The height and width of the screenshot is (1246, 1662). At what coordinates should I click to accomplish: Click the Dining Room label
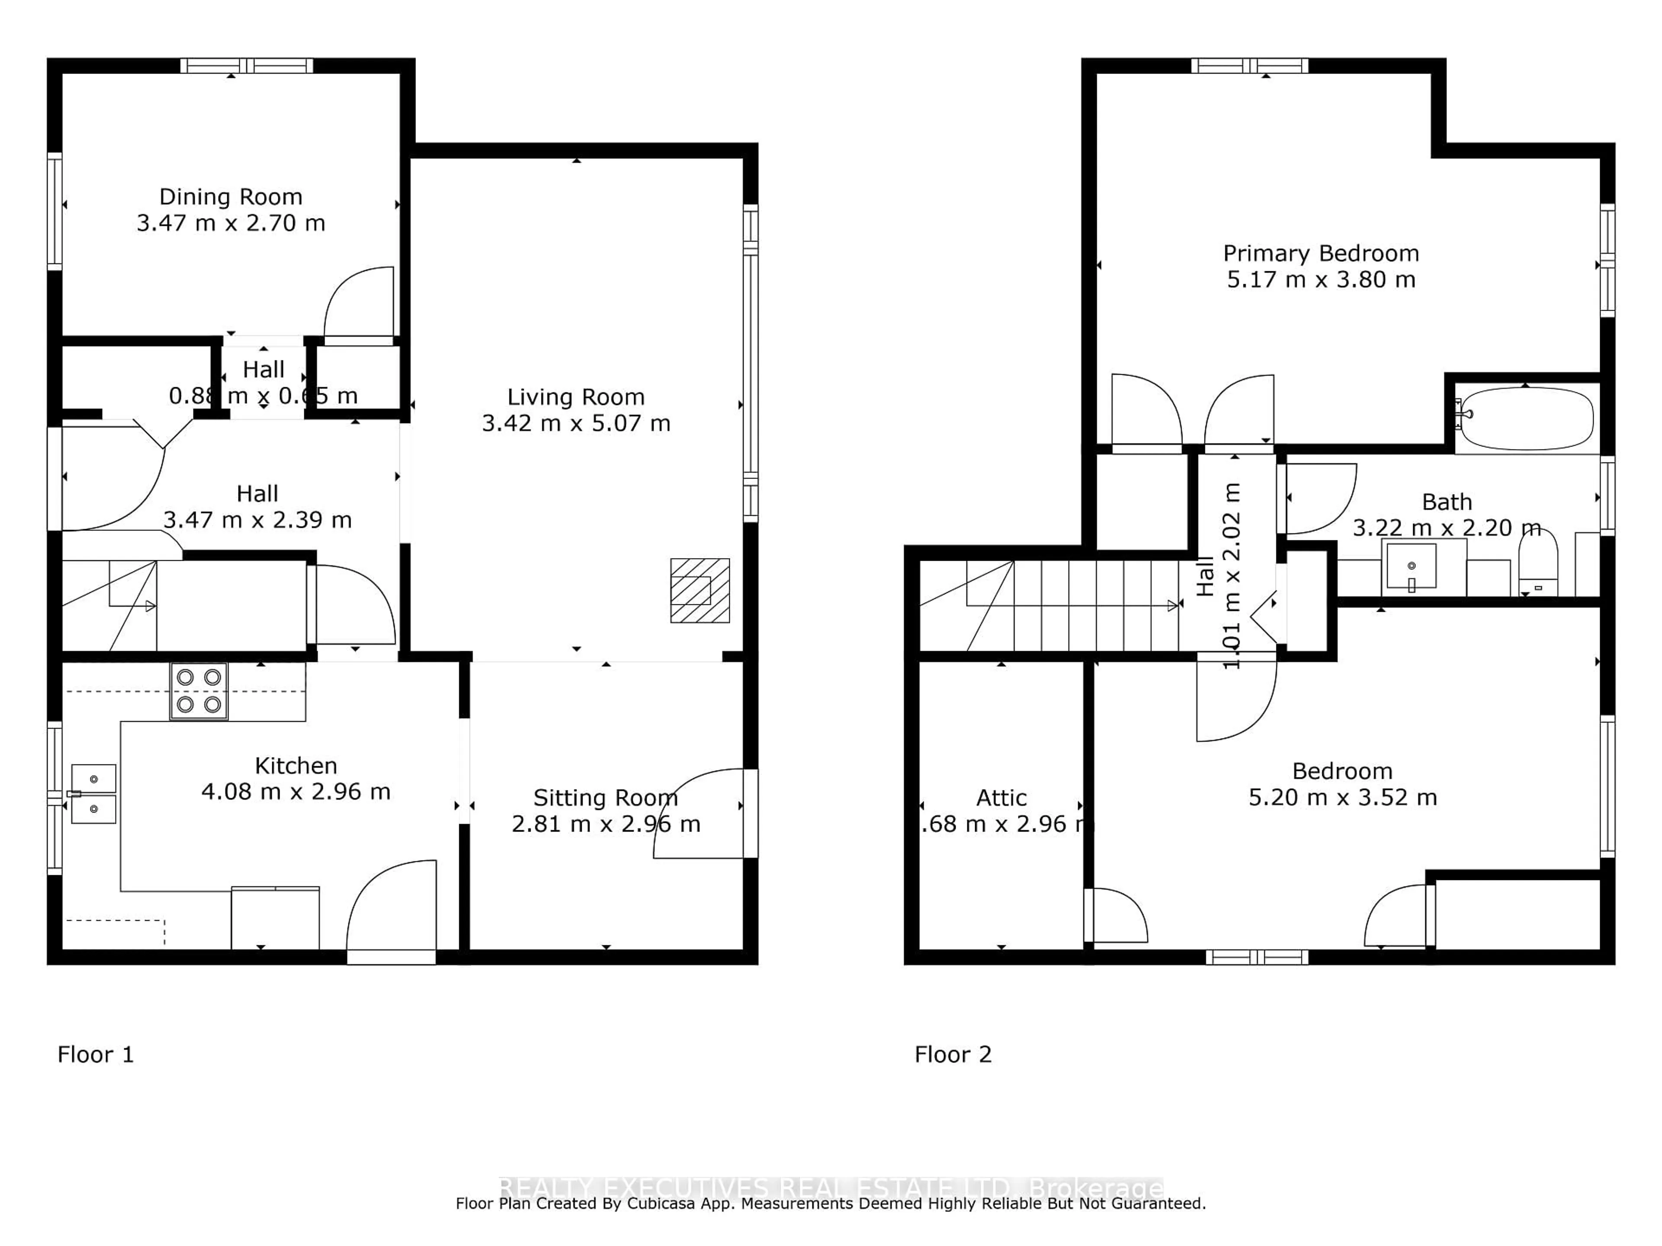point(231,197)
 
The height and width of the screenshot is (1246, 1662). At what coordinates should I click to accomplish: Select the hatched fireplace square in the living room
point(699,590)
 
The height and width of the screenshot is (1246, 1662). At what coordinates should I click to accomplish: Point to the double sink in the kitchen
point(94,794)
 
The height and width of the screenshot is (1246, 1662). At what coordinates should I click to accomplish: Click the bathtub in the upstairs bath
point(1525,418)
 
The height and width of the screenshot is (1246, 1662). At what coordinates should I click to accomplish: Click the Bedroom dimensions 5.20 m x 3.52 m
point(1343,798)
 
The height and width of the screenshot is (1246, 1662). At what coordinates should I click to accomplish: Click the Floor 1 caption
point(95,1054)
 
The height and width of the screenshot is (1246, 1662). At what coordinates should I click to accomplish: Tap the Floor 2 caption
point(953,1054)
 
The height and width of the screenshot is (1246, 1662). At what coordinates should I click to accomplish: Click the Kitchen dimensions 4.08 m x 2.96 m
point(296,792)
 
